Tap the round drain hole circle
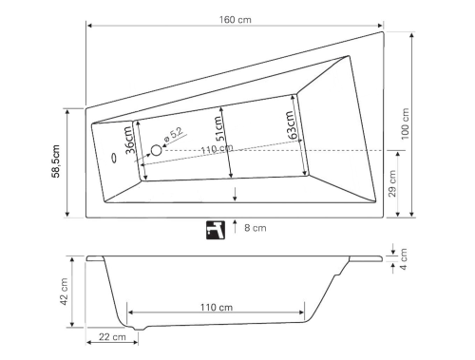click(157, 150)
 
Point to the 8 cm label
click(255, 228)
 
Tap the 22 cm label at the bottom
click(111, 337)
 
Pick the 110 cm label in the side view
click(217, 307)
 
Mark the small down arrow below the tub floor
click(235, 195)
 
